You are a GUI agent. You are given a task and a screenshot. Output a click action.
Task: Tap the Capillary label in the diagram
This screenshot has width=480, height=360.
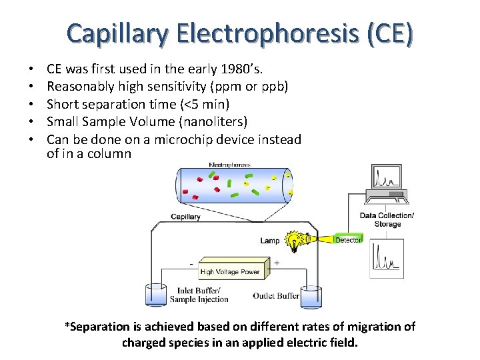[185, 217]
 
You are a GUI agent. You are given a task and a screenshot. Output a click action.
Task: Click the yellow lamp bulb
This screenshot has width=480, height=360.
[293, 240]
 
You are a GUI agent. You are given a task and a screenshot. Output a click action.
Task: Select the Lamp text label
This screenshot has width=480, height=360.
[270, 241]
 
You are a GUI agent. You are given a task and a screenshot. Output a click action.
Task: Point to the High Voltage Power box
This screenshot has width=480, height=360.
[230, 271]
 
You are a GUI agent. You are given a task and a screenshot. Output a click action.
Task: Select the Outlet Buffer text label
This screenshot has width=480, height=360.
[276, 296]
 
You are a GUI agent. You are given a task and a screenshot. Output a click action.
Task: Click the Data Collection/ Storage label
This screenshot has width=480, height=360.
[387, 220]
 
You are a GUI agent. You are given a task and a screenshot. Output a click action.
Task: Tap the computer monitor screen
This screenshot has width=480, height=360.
[387, 178]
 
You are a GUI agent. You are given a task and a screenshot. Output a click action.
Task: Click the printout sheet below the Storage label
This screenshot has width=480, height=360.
[387, 257]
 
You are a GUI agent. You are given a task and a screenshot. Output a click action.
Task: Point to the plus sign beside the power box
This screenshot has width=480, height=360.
[277, 263]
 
